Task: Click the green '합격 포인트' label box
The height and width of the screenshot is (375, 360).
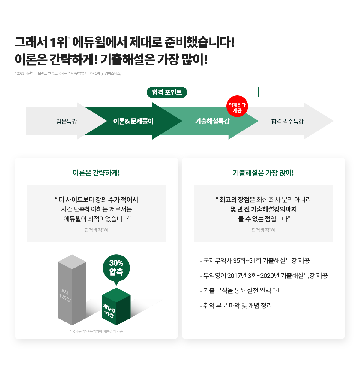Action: pos(167,92)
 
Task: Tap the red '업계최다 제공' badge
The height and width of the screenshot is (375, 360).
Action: pos(237,106)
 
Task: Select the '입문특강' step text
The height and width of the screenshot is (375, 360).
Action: pos(67,121)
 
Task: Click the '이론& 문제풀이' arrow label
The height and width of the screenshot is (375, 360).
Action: pos(133,121)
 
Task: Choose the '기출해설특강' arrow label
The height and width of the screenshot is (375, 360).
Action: pos(212,121)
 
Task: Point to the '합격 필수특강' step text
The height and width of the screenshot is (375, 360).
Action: pos(287,121)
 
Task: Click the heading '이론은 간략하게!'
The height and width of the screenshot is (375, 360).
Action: pos(96,173)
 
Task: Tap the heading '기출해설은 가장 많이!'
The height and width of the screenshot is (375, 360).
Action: pos(263,173)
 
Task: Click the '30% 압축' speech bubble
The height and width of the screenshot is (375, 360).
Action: pos(116,268)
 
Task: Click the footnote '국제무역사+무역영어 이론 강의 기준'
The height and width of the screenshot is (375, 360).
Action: pos(97,331)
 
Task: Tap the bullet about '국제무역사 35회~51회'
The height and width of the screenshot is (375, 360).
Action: pos(255,261)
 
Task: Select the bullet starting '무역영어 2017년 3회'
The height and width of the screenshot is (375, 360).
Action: pos(264,276)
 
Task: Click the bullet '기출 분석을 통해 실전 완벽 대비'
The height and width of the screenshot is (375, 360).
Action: pos(242,291)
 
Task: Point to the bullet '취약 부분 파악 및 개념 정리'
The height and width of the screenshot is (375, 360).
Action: pos(236,306)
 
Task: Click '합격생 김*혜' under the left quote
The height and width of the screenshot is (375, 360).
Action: pos(96,230)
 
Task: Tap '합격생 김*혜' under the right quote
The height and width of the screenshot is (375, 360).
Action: pos(263,230)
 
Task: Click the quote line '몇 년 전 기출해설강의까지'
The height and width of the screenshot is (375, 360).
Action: pos(263,209)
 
